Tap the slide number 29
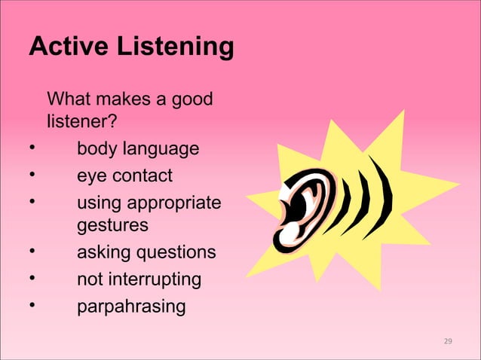click(x=448, y=343)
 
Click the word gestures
click(x=112, y=225)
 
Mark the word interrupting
click(x=155, y=280)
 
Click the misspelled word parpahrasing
click(x=130, y=307)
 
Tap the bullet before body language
click(x=32, y=148)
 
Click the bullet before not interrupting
click(x=32, y=279)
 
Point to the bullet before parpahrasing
click(x=32, y=306)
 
